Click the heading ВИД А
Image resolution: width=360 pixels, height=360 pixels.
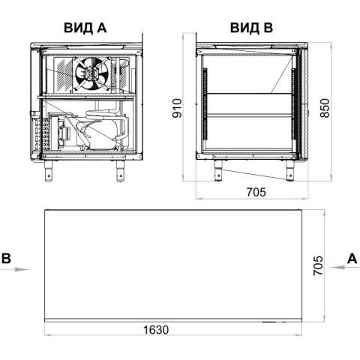(x=85, y=28)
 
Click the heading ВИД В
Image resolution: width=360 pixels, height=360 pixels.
(x=251, y=28)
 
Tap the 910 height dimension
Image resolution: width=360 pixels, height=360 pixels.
(x=178, y=108)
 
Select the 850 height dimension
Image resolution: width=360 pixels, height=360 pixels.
(x=325, y=108)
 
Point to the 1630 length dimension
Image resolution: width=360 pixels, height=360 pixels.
(x=156, y=330)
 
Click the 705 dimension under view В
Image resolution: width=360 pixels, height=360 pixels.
(x=256, y=192)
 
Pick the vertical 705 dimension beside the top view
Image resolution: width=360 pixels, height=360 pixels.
(x=318, y=265)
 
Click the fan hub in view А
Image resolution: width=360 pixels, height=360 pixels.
(x=91, y=74)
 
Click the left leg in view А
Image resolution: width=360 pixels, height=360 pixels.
(x=49, y=170)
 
